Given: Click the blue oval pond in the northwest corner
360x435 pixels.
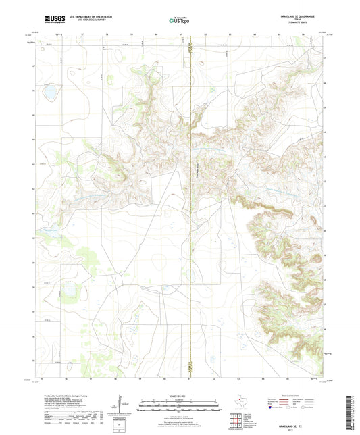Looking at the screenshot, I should [x=49, y=92].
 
